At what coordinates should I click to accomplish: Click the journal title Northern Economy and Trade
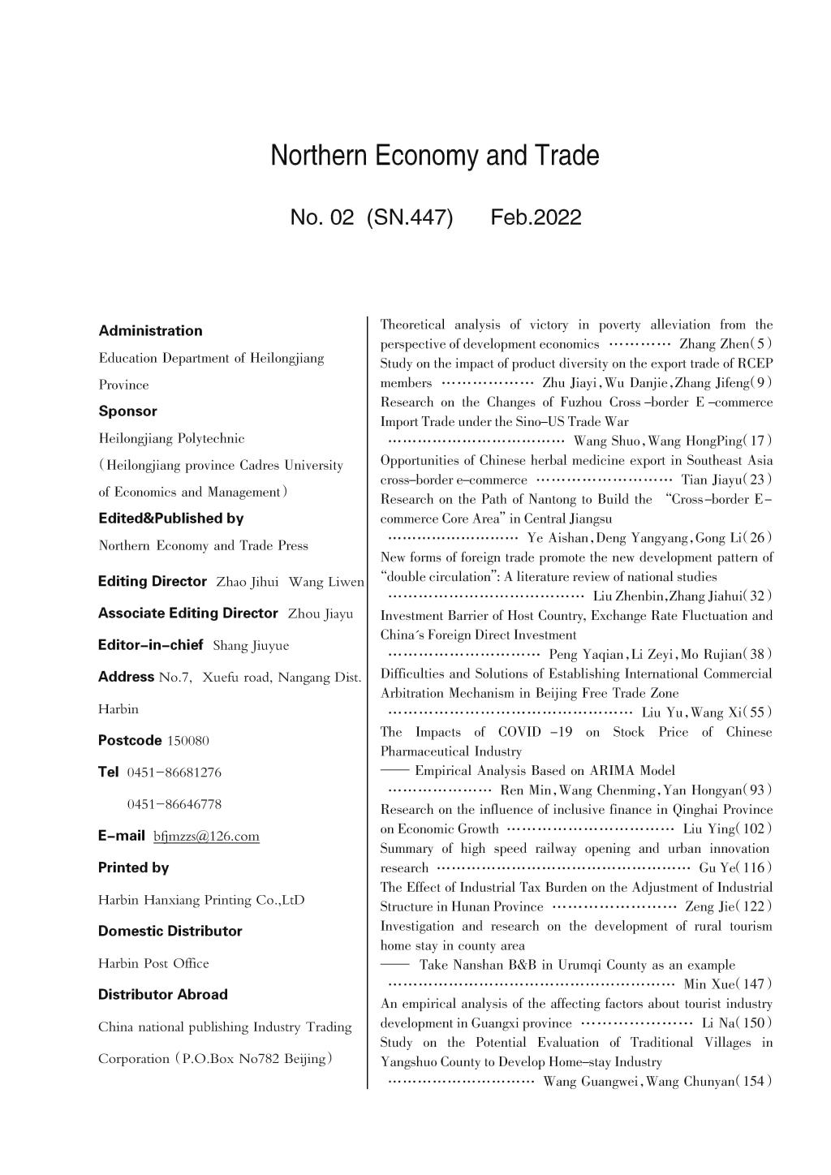[434, 155]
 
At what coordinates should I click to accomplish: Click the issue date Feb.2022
[536, 217]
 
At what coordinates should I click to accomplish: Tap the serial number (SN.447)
[410, 217]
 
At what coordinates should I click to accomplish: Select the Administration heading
[150, 330]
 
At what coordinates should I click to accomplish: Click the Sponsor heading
[127, 411]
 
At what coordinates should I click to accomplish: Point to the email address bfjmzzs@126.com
[206, 836]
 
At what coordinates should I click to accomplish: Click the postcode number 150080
[187, 741]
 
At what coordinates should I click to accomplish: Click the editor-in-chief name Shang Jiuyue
[250, 646]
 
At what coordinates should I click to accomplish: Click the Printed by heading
[133, 867]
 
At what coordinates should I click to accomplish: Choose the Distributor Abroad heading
[162, 994]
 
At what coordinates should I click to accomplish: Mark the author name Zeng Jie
[709, 906]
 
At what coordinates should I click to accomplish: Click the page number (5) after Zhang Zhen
[762, 343]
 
